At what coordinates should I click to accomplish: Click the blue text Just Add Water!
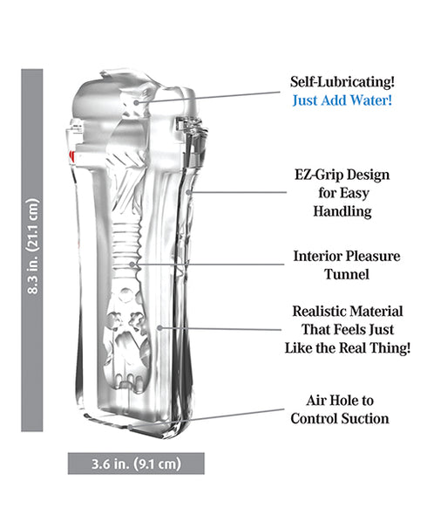tap(342, 100)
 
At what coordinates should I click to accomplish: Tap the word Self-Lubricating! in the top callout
tap(342, 82)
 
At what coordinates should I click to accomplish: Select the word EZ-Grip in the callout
tap(315, 175)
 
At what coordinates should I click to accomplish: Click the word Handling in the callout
tap(342, 211)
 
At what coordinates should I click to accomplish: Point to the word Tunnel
tap(347, 274)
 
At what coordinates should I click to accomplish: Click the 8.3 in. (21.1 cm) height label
tap(32, 246)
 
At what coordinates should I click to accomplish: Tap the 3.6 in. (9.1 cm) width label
tap(137, 464)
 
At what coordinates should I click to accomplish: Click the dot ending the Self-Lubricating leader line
tap(137, 102)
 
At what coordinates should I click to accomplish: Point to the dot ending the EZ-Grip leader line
tap(189, 193)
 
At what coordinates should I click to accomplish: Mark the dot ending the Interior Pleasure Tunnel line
tap(132, 264)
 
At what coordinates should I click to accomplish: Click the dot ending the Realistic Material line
tap(160, 328)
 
